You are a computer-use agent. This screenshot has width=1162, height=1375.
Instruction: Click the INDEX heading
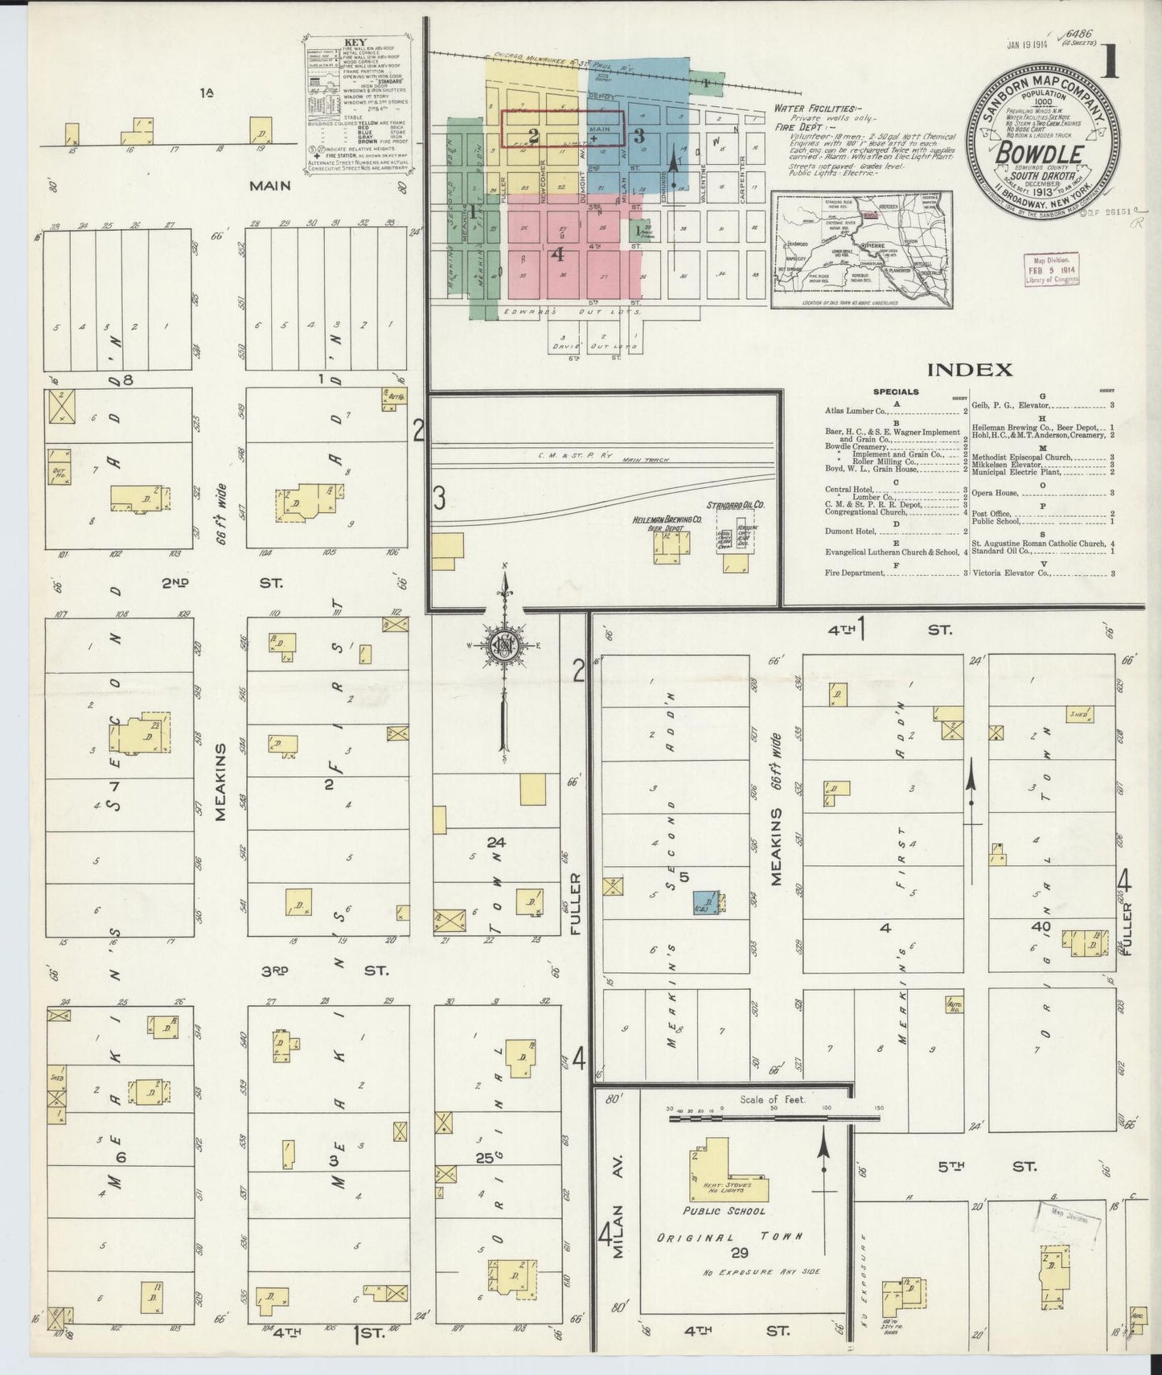click(x=969, y=371)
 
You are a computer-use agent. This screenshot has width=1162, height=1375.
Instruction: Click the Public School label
click(x=712, y=1211)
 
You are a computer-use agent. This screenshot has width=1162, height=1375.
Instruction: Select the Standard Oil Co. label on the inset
click(x=736, y=505)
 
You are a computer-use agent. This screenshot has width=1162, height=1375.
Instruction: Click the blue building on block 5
click(x=705, y=902)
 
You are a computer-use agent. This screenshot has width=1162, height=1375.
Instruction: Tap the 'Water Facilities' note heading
click(x=816, y=108)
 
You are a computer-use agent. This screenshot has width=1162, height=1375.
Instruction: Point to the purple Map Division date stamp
click(x=1051, y=269)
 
